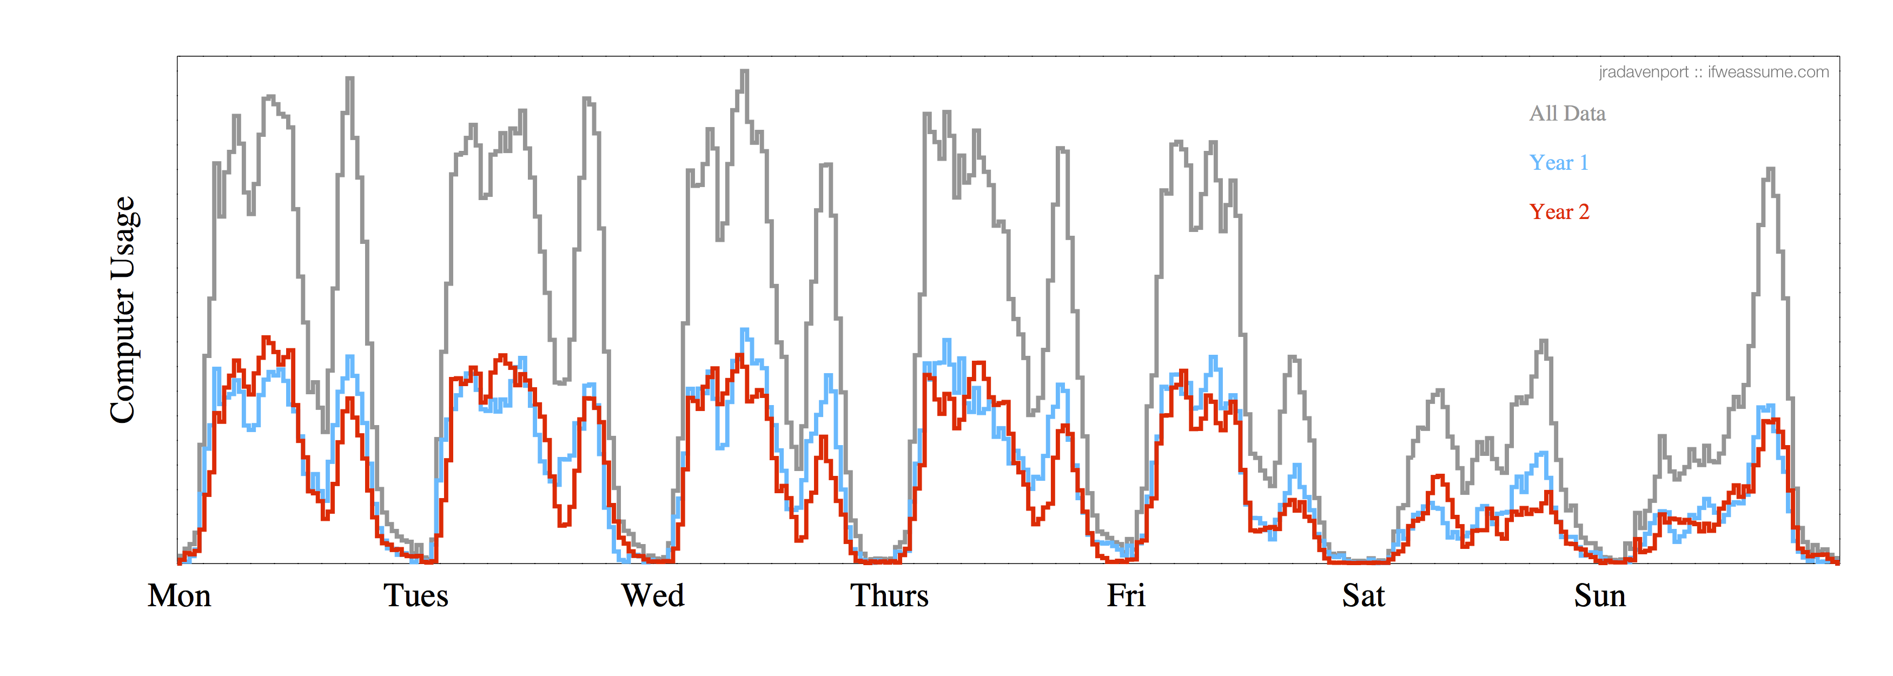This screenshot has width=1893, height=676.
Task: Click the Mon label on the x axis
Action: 180,596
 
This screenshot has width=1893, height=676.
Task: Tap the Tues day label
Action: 416,596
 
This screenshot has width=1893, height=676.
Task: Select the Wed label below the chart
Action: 653,596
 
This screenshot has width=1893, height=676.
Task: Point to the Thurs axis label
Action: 889,596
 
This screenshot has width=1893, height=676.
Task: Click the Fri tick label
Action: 1126,596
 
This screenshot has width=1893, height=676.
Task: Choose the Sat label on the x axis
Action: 1363,596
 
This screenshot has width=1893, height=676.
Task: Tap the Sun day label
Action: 1600,596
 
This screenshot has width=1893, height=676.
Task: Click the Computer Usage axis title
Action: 123,309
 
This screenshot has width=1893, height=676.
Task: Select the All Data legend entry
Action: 1567,114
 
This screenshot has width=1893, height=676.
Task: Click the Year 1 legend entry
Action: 1559,163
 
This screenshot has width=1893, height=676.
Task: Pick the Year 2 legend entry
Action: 1559,213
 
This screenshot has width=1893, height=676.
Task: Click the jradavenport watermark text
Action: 1643,72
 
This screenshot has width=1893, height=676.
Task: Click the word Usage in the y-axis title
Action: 123,237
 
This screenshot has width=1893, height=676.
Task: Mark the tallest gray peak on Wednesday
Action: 744,72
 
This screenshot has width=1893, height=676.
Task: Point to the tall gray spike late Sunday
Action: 1770,170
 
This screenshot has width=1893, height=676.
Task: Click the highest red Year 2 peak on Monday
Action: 267,338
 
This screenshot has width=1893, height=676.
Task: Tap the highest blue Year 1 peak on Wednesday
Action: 744,330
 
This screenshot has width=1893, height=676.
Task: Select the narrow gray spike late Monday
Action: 350,78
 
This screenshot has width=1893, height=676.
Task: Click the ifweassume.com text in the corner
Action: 1768,72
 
